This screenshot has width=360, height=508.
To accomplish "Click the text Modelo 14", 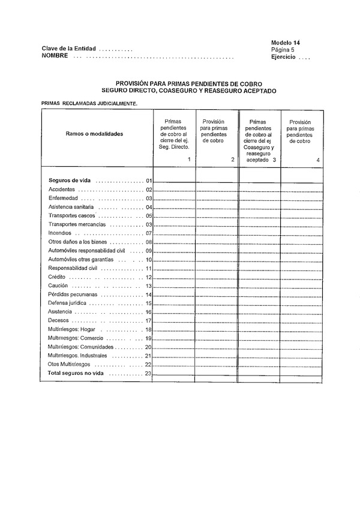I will pyautogui.click(x=285, y=43).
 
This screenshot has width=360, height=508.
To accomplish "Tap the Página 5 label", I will pyautogui.click(x=284, y=50).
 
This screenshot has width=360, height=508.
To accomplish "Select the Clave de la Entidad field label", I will pyautogui.click(x=68, y=49).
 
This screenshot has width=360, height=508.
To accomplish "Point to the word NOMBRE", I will pyautogui.click(x=55, y=56).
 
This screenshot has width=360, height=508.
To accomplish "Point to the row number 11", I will pyautogui.click(x=148, y=268).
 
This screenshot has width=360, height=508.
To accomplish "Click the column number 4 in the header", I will pyautogui.click(x=318, y=160).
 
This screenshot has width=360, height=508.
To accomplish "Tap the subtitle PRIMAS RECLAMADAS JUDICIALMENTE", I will pyautogui.click(x=89, y=103).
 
